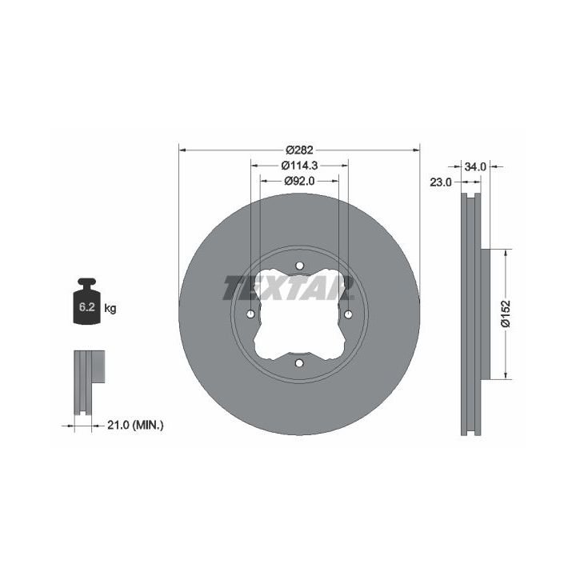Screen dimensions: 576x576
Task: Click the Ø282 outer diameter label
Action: [x=299, y=150]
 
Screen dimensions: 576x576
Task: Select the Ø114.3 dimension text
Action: [x=299, y=166]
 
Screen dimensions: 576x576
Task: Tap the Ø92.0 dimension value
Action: [x=299, y=181]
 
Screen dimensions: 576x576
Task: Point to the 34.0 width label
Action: [x=475, y=167]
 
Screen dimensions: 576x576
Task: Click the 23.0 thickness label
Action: [x=441, y=182]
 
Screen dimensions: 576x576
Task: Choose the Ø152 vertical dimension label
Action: [x=506, y=314]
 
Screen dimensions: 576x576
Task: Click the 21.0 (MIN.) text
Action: [x=135, y=426]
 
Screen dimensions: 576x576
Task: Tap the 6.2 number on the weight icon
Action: [x=87, y=306]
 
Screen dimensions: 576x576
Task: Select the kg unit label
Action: [x=110, y=308]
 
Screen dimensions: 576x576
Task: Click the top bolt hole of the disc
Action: [x=299, y=266]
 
